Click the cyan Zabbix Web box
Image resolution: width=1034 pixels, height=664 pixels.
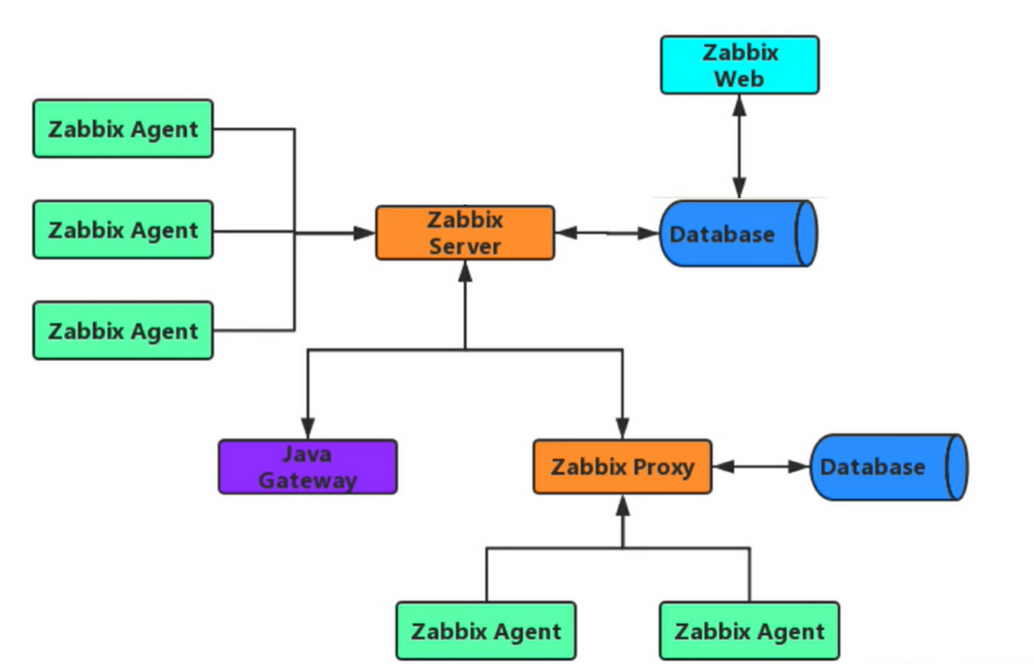point(739,64)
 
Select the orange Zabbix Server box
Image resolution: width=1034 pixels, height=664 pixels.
point(464,233)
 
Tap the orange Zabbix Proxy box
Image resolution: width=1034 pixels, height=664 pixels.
point(622,466)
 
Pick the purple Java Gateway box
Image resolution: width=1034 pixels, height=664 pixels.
point(308,466)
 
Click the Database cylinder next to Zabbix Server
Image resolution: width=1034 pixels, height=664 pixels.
point(738,234)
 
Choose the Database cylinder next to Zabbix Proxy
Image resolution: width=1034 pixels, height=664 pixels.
point(888,466)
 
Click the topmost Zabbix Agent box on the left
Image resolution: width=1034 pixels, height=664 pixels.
point(123,128)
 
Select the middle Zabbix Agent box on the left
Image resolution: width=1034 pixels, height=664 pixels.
point(123,230)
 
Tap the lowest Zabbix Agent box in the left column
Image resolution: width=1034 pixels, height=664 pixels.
point(123,331)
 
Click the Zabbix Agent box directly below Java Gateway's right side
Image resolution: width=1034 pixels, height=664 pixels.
point(486,631)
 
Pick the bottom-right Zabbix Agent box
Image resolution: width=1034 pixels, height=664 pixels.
point(749,631)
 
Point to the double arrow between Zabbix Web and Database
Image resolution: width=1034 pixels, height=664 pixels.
point(739,146)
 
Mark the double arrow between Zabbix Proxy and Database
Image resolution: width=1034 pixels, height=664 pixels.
point(760,466)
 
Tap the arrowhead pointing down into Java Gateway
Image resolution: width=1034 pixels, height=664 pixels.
point(308,429)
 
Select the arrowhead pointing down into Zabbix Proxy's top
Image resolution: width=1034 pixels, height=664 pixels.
point(622,429)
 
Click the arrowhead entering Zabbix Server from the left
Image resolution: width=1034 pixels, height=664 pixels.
point(364,233)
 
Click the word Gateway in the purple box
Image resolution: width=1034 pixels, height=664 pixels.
point(308,480)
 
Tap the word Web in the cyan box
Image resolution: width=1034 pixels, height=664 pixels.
point(739,78)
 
